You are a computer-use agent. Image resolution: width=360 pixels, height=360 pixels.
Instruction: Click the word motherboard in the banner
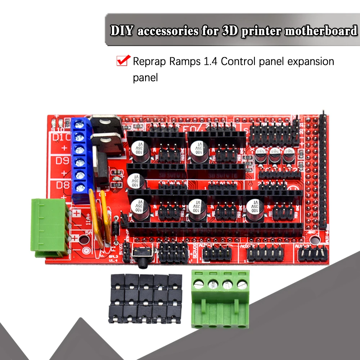[x=321, y=31]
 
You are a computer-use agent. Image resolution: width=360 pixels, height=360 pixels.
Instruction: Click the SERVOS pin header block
[x=174, y=251]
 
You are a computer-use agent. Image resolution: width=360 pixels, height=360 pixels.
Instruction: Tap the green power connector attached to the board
[x=50, y=227]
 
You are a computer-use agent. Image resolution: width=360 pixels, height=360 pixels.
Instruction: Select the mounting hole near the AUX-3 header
[x=313, y=239]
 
